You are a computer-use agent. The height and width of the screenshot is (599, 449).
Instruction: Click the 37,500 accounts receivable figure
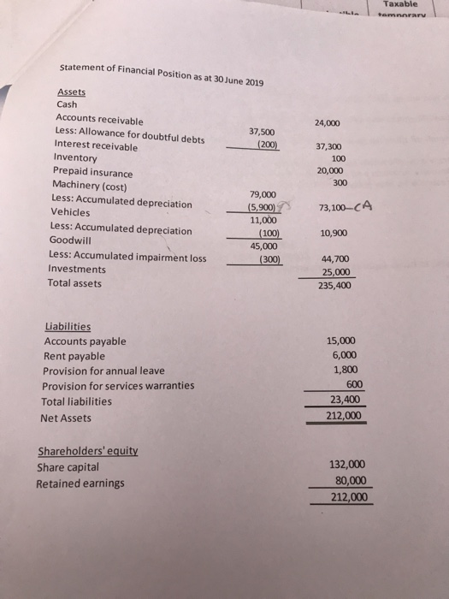click(262, 132)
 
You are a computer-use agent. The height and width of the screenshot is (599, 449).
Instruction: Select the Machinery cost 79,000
click(262, 194)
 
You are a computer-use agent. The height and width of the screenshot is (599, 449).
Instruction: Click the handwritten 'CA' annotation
click(364, 205)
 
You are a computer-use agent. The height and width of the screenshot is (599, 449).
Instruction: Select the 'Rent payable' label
click(74, 355)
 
